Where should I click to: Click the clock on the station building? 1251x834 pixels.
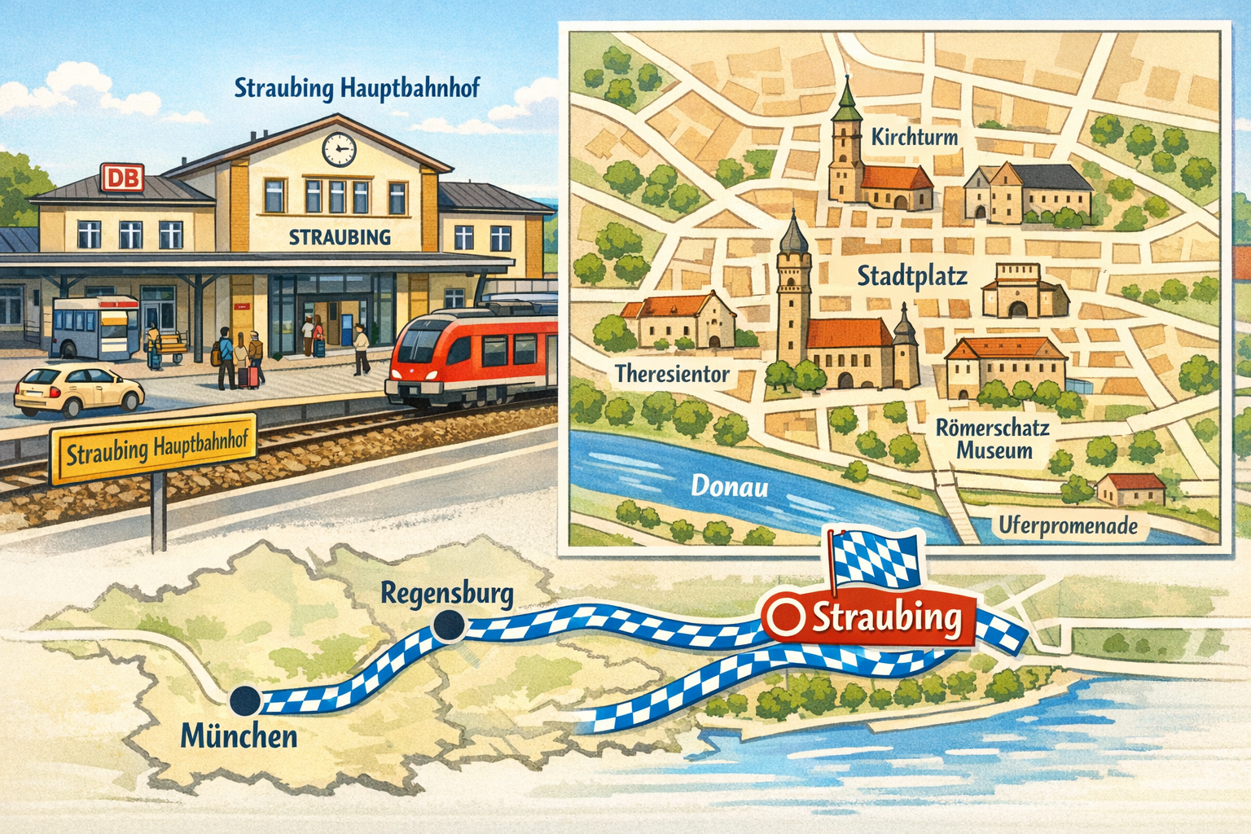point(339,149)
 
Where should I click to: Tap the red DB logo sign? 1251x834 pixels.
point(122,178)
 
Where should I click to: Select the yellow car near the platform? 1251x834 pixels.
point(79,390)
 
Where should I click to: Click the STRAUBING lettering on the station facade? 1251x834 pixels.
point(340,237)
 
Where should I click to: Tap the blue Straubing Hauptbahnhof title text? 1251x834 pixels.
point(357,88)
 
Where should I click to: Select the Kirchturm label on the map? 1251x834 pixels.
point(914,137)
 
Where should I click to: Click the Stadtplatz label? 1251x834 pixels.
point(911,276)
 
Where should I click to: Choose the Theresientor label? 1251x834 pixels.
point(672,374)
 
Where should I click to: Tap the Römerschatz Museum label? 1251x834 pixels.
point(994,439)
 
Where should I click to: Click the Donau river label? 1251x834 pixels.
point(730,486)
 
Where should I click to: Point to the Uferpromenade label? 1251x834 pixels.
point(1068,526)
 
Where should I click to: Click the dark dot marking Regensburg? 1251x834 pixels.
point(449,625)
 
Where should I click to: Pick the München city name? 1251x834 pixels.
point(239,736)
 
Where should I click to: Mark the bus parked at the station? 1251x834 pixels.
point(95,327)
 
